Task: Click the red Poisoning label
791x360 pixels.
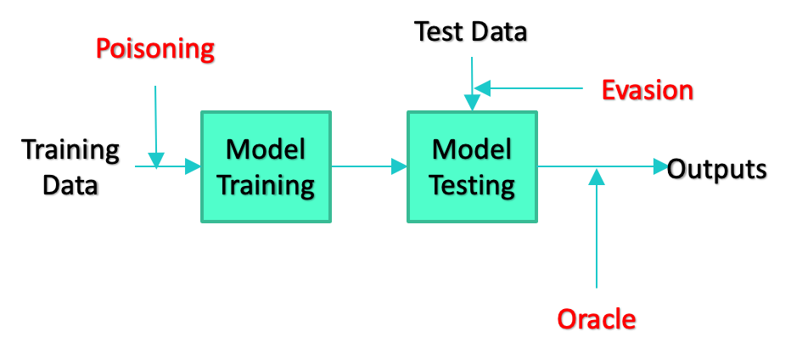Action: [154, 50]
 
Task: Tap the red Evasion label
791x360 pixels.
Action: [648, 90]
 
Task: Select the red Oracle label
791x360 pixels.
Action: [597, 319]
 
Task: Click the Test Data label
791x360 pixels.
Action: [471, 31]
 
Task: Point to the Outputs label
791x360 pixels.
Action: [717, 169]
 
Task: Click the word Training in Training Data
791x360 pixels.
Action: [70, 150]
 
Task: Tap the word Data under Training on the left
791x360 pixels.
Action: [70, 185]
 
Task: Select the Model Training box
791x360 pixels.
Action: [266, 166]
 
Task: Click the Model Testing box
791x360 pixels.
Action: [472, 166]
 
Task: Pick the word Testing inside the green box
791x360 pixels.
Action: [472, 186]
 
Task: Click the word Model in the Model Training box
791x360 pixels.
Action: [266, 150]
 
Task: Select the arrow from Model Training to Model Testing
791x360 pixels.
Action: [369, 166]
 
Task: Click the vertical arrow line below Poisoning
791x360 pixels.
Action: [156, 127]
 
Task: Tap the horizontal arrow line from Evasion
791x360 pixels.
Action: [529, 89]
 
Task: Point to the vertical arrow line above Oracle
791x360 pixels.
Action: [597, 228]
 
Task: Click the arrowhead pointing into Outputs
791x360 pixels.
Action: [661, 166]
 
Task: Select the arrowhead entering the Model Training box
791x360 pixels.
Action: [194, 166]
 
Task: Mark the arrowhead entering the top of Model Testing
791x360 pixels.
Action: [472, 103]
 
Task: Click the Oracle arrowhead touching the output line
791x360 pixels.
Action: [597, 177]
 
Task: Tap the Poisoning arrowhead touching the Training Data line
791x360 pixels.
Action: [156, 160]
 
